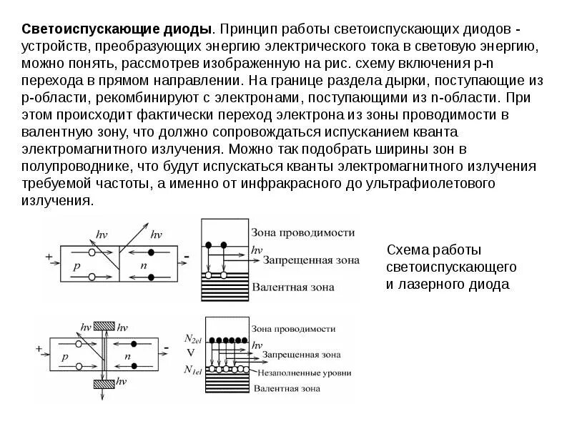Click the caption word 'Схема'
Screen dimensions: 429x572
[408, 250]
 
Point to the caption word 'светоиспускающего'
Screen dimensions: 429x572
[450, 267]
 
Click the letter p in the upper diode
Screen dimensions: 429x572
[77, 265]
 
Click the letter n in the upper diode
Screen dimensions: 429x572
[144, 265]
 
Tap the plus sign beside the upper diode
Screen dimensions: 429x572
[48, 255]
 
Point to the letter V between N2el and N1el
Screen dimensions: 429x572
[190, 353]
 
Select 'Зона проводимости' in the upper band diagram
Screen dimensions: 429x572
[303, 234]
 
